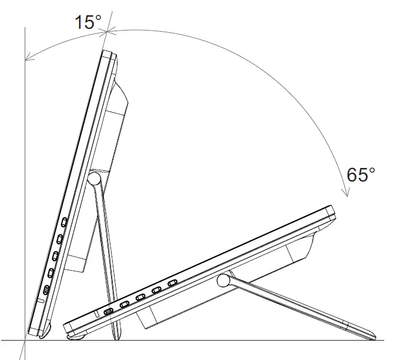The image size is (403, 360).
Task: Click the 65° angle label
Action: (361, 174)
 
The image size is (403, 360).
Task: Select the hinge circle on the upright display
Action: (95, 178)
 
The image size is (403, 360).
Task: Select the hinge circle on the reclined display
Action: (223, 281)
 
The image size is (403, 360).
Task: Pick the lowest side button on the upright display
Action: (46, 290)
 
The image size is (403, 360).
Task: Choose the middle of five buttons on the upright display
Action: (55, 255)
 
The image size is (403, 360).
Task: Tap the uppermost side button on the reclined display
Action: (172, 284)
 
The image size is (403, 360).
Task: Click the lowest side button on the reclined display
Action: (109, 310)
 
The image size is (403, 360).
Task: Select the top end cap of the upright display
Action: (108, 55)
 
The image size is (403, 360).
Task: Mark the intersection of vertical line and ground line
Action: (25, 340)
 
